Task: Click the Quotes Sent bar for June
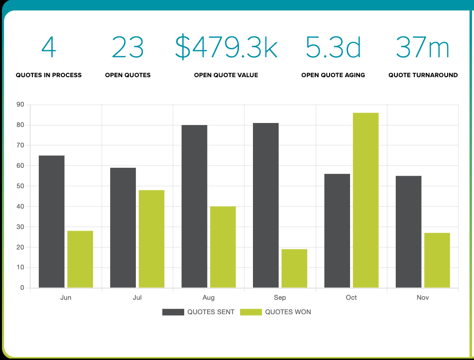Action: click(x=52, y=222)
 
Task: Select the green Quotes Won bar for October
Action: click(x=365, y=200)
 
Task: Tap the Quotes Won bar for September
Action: click(x=294, y=268)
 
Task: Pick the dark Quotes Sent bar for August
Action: click(x=194, y=206)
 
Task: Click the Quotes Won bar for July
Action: click(x=151, y=239)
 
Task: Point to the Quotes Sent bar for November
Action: click(x=409, y=232)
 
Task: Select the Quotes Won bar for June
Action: click(x=80, y=259)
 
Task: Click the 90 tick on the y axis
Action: click(x=20, y=105)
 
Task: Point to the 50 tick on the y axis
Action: click(x=20, y=186)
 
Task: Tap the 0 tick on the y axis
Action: click(x=22, y=288)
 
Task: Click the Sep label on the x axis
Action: click(x=280, y=298)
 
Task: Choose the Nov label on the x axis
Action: click(x=423, y=298)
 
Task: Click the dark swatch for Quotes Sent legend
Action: click(x=173, y=312)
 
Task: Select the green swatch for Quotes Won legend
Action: click(x=250, y=312)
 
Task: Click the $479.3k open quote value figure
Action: click(x=226, y=48)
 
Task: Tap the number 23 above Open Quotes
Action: click(x=127, y=48)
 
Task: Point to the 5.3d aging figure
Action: click(x=333, y=48)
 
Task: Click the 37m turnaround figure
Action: click(x=423, y=48)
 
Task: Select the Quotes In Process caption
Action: click(x=49, y=75)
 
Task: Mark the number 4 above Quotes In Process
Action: click(x=49, y=48)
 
